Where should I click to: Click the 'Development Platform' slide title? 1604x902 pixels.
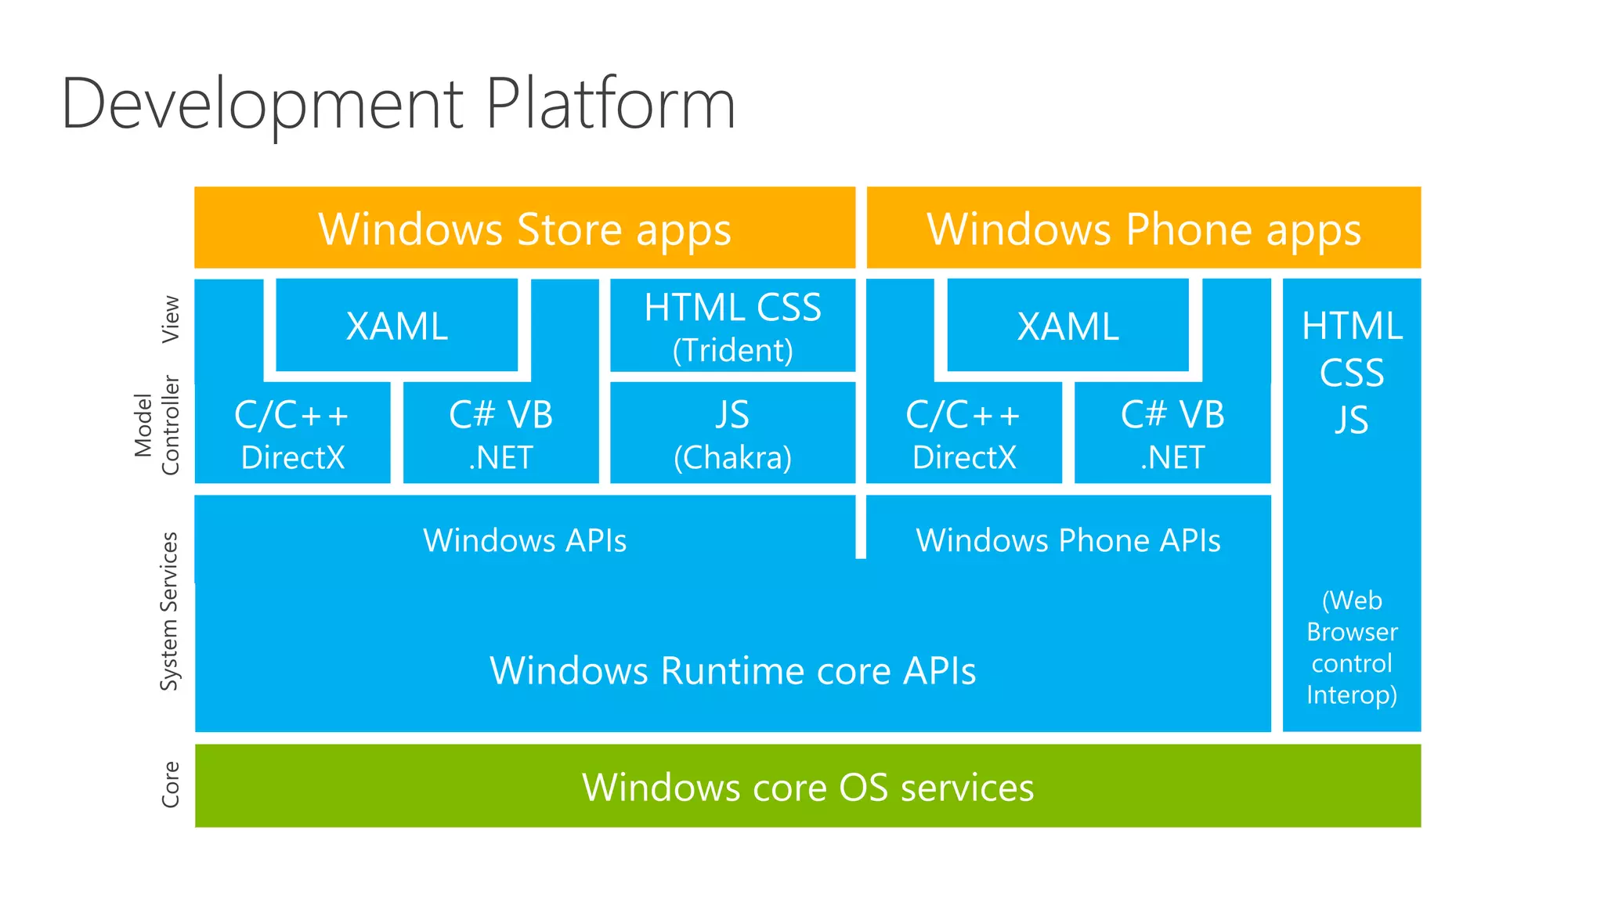click(x=398, y=103)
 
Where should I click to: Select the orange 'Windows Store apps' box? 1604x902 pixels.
click(x=524, y=229)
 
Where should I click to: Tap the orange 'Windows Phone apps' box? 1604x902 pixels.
click(x=1143, y=229)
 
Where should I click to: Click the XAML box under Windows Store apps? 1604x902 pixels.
click(x=397, y=326)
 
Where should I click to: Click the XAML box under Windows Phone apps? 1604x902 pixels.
click(x=1068, y=326)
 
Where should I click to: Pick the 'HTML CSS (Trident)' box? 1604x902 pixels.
click(x=732, y=326)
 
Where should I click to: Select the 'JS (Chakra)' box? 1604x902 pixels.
click(x=732, y=433)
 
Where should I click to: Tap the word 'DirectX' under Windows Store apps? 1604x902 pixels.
click(x=292, y=457)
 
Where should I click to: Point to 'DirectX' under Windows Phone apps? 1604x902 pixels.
click(x=963, y=457)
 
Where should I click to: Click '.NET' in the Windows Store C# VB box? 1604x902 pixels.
click(x=500, y=457)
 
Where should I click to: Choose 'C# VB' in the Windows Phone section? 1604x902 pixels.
click(x=1172, y=415)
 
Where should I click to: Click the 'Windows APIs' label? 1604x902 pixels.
click(x=525, y=540)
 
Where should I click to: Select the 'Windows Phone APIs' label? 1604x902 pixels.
click(x=1068, y=540)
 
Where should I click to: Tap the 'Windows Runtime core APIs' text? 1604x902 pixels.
click(x=732, y=671)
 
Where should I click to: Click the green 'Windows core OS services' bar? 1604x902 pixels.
click(x=807, y=786)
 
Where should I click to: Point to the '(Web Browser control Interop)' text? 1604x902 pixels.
click(x=1352, y=648)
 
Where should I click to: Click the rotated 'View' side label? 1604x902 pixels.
click(x=170, y=319)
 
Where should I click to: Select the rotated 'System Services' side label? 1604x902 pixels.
click(x=169, y=611)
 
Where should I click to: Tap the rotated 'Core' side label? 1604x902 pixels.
click(x=170, y=784)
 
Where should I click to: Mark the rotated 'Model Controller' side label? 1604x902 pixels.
click(x=157, y=425)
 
